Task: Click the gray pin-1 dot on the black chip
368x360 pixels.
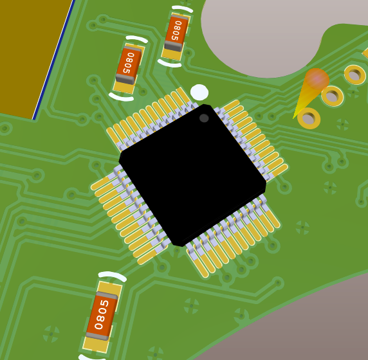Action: pyautogui.click(x=204, y=118)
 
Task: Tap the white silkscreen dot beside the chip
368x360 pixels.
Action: pyautogui.click(x=199, y=92)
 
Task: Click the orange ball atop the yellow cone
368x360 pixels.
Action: pyautogui.click(x=317, y=79)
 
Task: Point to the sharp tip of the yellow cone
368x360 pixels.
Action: pyautogui.click(x=293, y=118)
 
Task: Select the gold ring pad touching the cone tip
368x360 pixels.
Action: pyautogui.click(x=309, y=118)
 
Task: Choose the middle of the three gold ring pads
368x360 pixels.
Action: pyautogui.click(x=333, y=96)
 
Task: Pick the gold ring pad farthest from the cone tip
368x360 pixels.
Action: pyautogui.click(x=355, y=75)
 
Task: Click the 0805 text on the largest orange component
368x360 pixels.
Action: pyautogui.click(x=102, y=314)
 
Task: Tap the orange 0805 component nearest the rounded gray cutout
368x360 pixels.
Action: pyautogui.click(x=176, y=33)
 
